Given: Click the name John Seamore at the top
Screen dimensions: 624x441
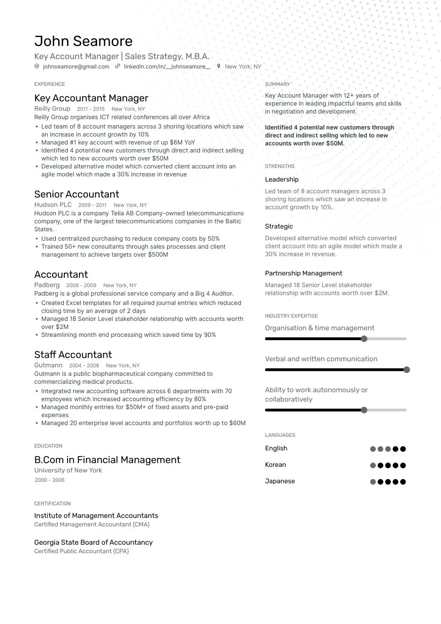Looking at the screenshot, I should [x=83, y=41].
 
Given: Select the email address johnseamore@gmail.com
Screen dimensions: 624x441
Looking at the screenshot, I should [x=76, y=67].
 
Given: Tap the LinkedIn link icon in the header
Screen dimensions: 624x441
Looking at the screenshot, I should [x=118, y=67].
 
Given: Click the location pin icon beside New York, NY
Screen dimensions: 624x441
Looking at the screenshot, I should [x=219, y=67].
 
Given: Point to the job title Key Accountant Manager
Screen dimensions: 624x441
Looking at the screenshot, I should [x=91, y=98].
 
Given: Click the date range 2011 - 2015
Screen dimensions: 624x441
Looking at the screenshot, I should [x=91, y=109].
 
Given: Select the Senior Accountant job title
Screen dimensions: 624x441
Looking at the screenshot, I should [x=76, y=194].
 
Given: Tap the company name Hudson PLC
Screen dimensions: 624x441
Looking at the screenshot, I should [x=53, y=205].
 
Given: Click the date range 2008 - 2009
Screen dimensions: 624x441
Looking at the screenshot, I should [x=81, y=285].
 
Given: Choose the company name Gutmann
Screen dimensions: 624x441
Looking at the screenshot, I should [x=48, y=365].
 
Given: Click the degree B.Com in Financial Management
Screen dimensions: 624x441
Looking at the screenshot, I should [x=107, y=460].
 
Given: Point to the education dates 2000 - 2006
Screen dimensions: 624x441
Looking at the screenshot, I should [x=49, y=480].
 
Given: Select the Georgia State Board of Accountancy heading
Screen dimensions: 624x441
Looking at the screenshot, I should [x=93, y=542].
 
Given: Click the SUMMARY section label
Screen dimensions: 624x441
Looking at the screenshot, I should [x=277, y=84].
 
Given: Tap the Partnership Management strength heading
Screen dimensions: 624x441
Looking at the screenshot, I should [x=304, y=274].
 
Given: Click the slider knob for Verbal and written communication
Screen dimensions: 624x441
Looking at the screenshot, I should [x=407, y=370].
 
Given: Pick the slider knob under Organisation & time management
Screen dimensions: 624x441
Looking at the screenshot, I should [x=364, y=339].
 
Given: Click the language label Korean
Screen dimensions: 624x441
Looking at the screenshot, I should [x=275, y=465].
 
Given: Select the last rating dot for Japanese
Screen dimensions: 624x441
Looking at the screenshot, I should [x=403, y=482].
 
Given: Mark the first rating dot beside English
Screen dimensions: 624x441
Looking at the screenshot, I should [x=373, y=449].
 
